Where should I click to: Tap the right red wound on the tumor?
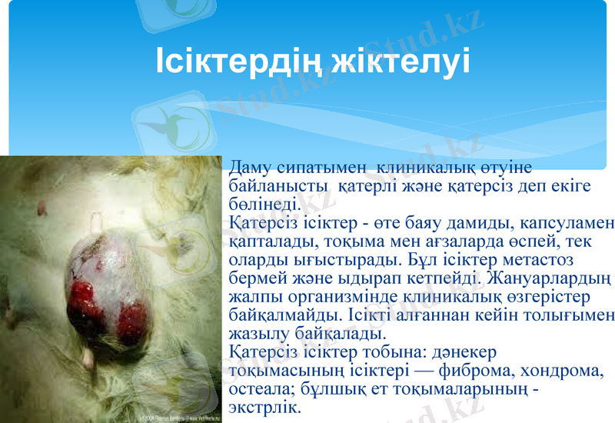pyautogui.click(x=133, y=315)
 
